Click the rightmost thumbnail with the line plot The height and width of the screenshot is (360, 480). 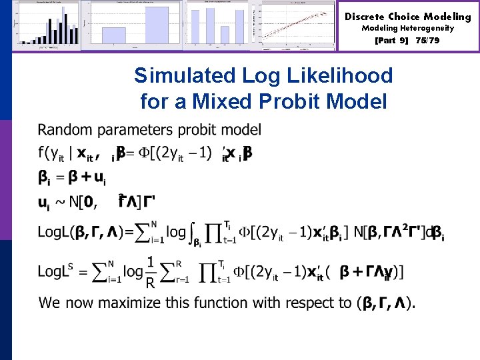tap(297, 25)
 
